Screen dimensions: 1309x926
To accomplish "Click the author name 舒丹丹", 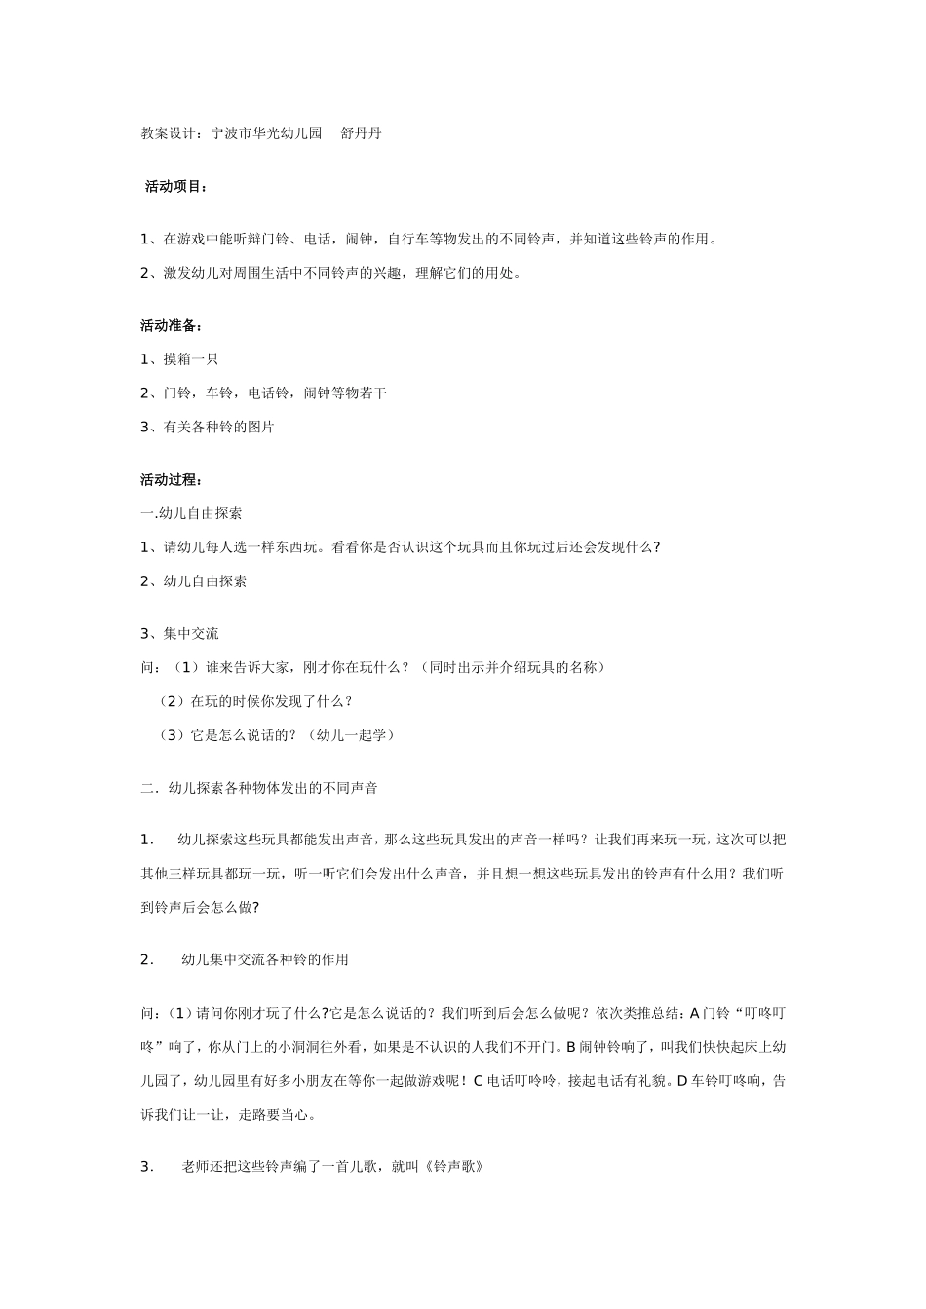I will pos(361,133).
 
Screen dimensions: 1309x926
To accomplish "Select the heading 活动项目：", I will pos(175,186).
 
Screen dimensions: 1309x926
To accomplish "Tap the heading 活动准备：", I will pos(172,325).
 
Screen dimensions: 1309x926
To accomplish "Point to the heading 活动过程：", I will pos(172,479).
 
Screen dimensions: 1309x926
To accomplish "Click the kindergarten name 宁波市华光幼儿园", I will pos(266,133).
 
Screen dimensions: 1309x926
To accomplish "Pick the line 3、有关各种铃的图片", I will pos(207,427).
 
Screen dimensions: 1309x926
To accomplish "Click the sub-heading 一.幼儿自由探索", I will pos(191,513).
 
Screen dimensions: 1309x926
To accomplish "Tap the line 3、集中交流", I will pos(179,633).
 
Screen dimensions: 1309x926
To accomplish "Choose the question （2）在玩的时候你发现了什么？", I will pos(255,701).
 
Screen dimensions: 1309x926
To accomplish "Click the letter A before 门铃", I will pos(695,1013).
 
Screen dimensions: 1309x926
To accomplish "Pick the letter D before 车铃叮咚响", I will pos(682,1081).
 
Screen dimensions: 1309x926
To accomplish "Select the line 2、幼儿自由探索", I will pos(193,581).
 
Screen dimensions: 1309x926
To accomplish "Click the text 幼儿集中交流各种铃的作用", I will pos(265,960).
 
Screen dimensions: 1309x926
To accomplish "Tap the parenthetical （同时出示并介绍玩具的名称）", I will pos(515,667).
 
